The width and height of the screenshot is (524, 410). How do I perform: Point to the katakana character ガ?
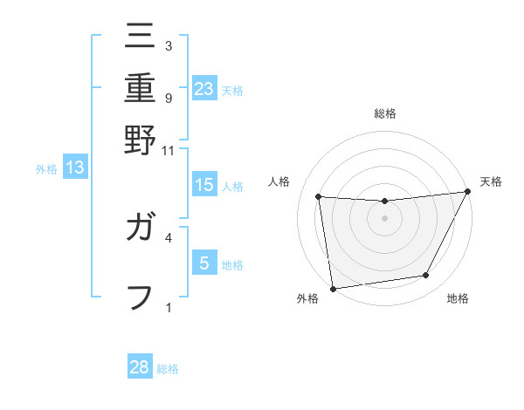[x=140, y=229]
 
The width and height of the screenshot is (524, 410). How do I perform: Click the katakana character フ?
[x=140, y=296]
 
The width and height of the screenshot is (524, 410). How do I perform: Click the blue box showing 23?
[x=204, y=88]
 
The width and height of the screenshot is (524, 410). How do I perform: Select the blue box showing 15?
[x=204, y=185]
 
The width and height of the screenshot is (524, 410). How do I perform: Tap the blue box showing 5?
[x=204, y=263]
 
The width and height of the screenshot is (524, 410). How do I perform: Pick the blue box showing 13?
[x=74, y=168]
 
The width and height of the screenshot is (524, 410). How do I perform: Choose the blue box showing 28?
[x=140, y=367]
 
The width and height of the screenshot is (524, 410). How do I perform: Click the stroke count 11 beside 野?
[x=169, y=150]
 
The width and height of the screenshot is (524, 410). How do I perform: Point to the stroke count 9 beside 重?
[x=169, y=97]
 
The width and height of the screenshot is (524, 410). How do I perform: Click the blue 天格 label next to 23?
[x=232, y=90]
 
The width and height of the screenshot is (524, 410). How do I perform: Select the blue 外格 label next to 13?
[x=46, y=169]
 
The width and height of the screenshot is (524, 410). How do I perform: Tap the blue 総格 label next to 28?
[x=168, y=369]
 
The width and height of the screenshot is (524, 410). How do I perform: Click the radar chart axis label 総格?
[x=384, y=113]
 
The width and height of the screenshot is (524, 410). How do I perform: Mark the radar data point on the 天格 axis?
[x=467, y=192]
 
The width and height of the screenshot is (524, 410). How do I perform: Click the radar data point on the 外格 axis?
[x=333, y=288]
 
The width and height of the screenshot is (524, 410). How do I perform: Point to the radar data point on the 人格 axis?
[x=319, y=197]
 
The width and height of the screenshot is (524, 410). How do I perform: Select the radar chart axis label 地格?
[x=458, y=299]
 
